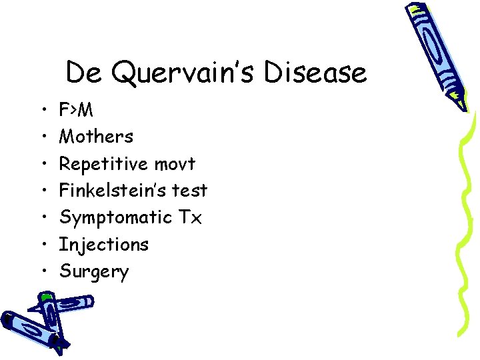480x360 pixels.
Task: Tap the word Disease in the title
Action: tap(315, 72)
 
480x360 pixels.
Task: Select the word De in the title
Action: tap(83, 72)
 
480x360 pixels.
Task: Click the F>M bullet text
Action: tap(76, 110)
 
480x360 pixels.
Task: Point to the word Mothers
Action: tap(96, 137)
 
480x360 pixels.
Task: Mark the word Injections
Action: tap(104, 245)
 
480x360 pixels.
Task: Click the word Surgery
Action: tap(94, 272)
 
